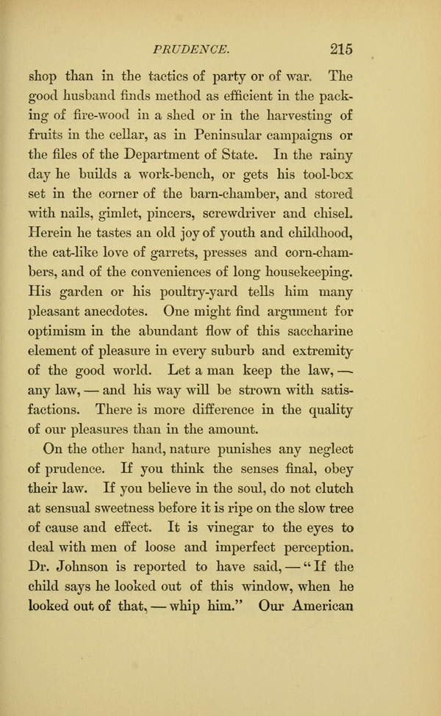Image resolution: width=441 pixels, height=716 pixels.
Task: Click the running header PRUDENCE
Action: pos(192,49)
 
